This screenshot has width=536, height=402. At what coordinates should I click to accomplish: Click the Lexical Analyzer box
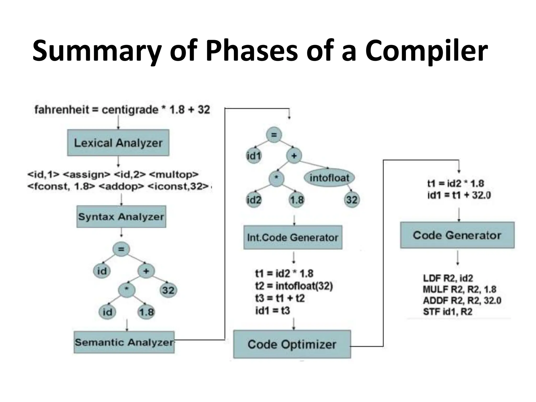[x=118, y=143]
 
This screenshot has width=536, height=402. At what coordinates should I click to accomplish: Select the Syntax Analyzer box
[x=121, y=216]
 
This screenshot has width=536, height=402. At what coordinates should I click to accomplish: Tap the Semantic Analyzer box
[x=124, y=342]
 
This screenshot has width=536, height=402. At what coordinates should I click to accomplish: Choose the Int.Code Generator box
[x=293, y=237]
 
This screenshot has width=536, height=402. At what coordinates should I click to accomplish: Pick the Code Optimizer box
[x=292, y=344]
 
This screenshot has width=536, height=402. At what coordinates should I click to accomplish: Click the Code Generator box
[x=457, y=235]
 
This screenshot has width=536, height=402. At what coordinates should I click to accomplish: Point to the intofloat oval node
[x=329, y=178]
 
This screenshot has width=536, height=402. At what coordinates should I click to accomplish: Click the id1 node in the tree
[x=254, y=156]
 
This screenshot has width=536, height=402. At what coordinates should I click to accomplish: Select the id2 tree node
[x=254, y=200]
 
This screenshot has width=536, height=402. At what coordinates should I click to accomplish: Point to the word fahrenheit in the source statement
[x=62, y=110]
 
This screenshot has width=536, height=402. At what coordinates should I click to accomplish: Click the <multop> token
[x=174, y=174]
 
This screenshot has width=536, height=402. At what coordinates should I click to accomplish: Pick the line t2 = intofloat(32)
[x=294, y=286]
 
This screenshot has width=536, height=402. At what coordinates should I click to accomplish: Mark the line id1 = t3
[x=273, y=311]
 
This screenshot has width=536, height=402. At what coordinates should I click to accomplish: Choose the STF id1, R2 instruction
[x=448, y=312]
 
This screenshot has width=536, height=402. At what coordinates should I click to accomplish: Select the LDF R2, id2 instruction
[x=448, y=278]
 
